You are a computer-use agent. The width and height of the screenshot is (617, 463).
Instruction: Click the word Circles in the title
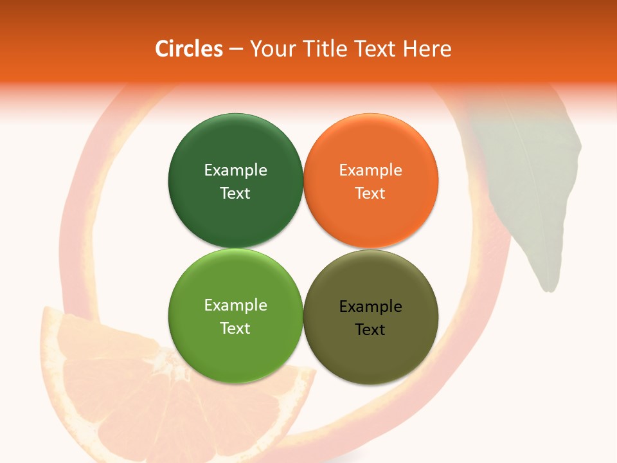pyautogui.click(x=189, y=49)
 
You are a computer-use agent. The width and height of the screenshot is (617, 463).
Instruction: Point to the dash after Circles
pyautogui.click(x=236, y=50)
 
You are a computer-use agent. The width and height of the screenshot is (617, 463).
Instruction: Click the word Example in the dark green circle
pyautogui.click(x=235, y=170)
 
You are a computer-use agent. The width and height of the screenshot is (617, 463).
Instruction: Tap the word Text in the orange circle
pyautogui.click(x=370, y=193)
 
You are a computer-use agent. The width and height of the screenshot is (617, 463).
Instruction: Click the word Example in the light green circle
pyautogui.click(x=235, y=305)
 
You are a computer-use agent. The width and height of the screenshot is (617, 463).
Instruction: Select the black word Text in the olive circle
pyautogui.click(x=370, y=329)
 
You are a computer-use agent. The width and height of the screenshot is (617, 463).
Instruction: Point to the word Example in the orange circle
pyautogui.click(x=370, y=170)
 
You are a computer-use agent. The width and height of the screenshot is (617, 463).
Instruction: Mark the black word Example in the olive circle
pyautogui.click(x=370, y=306)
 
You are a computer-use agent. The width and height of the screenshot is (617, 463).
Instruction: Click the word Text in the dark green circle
pyautogui.click(x=235, y=193)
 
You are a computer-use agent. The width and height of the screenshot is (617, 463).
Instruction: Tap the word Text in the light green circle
pyautogui.click(x=235, y=328)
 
